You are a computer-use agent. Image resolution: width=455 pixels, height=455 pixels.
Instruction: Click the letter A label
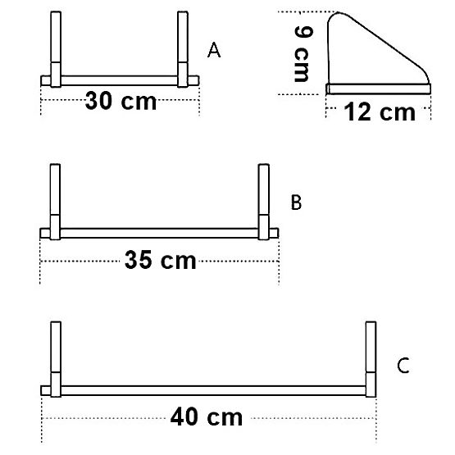pos(215,51)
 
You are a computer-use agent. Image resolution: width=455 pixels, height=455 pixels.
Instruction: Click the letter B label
pos(297,202)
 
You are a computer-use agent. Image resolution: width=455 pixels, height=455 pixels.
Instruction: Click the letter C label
pos(403,366)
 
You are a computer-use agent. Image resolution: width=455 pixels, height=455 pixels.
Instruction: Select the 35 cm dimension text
pos(161,261)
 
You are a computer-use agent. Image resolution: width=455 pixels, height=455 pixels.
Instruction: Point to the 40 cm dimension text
pos(207,416)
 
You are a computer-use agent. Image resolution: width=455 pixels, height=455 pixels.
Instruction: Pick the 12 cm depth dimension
pos(379,111)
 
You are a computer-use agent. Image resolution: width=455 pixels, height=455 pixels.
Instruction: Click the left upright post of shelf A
pos(55,45)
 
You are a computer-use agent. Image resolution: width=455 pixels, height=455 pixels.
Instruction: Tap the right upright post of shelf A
pos(182,45)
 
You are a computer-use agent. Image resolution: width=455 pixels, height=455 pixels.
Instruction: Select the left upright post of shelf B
pos(55,197)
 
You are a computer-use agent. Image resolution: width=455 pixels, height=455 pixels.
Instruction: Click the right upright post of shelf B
pos(264,197)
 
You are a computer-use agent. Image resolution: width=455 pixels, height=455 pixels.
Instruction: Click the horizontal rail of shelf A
pos(119,80)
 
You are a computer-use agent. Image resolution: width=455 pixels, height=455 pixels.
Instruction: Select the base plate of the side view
pos(378,89)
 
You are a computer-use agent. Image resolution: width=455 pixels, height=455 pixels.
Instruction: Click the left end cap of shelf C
pos(46,389)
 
